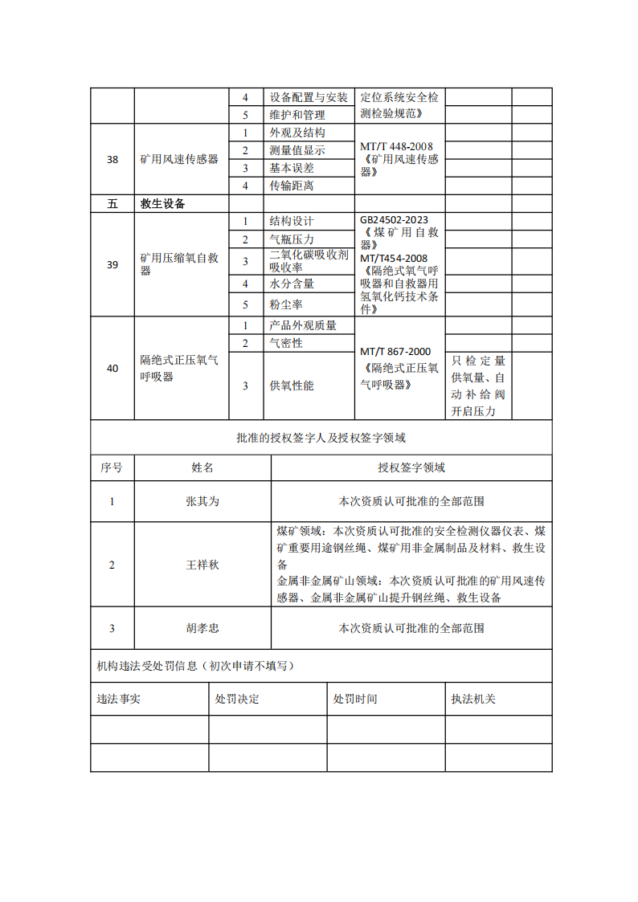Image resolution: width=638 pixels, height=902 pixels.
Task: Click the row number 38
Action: [112, 159]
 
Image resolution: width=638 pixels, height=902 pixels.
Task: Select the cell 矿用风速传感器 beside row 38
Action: [179, 159]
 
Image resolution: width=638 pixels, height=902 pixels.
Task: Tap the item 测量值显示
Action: [297, 150]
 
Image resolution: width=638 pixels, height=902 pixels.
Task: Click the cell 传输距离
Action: [292, 186]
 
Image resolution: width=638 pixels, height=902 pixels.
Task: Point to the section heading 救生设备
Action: [163, 204]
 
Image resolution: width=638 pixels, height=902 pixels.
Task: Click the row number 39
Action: [112, 264]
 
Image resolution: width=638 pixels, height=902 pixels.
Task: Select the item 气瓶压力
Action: [292, 239]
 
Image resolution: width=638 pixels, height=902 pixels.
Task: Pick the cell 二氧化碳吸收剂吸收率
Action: [309, 261]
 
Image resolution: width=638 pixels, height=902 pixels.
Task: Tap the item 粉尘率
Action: [286, 304]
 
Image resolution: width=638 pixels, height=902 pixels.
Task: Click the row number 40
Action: [112, 368]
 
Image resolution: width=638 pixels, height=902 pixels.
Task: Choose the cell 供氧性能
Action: [292, 386]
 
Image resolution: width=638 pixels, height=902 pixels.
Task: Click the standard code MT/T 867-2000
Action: [395, 352]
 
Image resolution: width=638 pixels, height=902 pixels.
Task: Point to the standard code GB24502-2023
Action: [395, 219]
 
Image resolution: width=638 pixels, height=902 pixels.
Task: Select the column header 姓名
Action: [202, 467]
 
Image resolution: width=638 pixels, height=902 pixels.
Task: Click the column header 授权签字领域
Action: [411, 467]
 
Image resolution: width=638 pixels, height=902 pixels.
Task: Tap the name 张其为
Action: [202, 501]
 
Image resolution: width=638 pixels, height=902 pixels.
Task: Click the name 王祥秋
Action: [202, 565]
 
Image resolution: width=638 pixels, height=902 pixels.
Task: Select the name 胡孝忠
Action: [202, 628]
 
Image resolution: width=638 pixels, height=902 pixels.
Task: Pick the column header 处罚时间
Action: [355, 699]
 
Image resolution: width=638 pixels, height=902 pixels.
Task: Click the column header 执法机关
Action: [474, 699]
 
